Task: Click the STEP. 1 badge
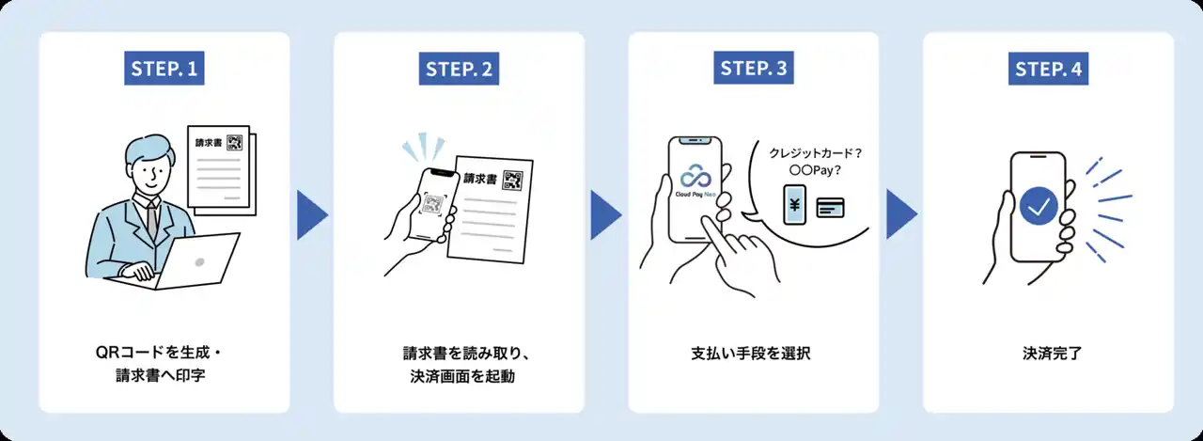(164, 68)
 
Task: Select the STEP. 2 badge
(460, 68)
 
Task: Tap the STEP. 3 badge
(754, 68)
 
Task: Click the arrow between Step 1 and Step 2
(311, 214)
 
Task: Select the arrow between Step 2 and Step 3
(606, 214)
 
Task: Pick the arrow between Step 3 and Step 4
(901, 214)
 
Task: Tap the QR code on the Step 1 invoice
(234, 143)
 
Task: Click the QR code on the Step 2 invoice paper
(512, 180)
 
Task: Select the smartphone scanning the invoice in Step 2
(431, 206)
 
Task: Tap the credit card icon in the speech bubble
(830, 207)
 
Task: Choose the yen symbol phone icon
(795, 205)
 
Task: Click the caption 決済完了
(1048, 354)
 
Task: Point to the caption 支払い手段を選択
(753, 354)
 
